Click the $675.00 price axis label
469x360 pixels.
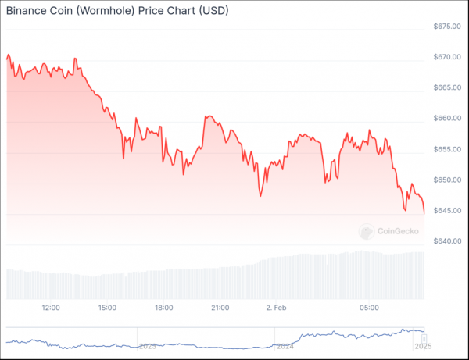[x=447, y=27]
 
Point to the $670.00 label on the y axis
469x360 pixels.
[x=447, y=57]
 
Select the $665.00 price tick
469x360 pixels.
[x=447, y=87]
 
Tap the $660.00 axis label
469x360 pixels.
[x=447, y=118]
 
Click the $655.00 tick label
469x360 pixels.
[x=447, y=149]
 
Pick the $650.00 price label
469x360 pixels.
[x=447, y=180]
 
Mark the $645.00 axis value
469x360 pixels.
[x=447, y=211]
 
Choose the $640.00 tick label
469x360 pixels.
[x=447, y=241]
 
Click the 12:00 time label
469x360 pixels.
[x=51, y=308]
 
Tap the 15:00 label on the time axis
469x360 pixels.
[x=107, y=308]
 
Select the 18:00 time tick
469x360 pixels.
[x=164, y=308]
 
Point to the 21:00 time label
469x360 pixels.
[x=220, y=308]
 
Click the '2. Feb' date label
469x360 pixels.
[x=276, y=308]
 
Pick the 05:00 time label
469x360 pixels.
[x=369, y=308]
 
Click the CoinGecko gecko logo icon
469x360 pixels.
[x=367, y=231]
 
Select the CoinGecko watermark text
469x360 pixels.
[x=398, y=231]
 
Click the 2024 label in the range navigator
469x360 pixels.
[x=285, y=346]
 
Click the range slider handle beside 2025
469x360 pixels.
[x=424, y=338]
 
